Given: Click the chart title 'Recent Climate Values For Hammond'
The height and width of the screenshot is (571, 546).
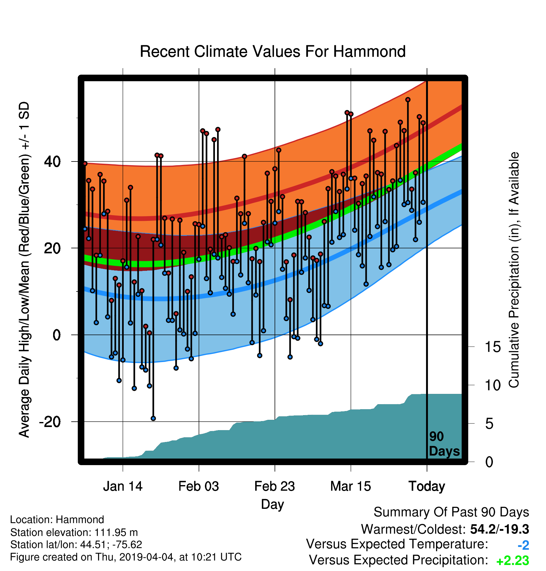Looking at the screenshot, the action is click(x=273, y=52).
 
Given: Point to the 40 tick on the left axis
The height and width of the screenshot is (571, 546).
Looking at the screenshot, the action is click(x=52, y=161).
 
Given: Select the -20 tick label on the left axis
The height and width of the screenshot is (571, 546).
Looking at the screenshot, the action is click(x=50, y=422).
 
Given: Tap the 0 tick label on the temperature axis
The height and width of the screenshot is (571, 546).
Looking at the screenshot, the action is click(x=57, y=335).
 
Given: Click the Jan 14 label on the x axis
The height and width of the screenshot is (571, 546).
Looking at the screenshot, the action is click(x=123, y=486).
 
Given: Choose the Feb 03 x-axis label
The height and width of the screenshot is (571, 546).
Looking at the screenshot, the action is click(x=199, y=486).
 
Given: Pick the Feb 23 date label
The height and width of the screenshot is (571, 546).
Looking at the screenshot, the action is click(x=275, y=486).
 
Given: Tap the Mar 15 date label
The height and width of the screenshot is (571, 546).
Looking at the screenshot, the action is click(x=350, y=486).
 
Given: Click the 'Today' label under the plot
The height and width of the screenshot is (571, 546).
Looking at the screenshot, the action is click(x=427, y=486).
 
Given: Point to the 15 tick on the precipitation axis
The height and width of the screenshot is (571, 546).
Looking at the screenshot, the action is click(x=493, y=347).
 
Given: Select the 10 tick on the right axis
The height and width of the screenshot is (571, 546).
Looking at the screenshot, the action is click(x=493, y=385).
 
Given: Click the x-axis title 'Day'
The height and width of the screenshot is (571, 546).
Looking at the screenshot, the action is click(x=273, y=504).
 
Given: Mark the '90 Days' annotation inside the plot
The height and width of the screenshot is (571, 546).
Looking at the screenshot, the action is click(x=444, y=444).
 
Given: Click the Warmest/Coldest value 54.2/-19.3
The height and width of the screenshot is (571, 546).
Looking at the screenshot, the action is click(x=499, y=529).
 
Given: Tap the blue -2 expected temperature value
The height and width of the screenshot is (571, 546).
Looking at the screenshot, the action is click(x=524, y=545).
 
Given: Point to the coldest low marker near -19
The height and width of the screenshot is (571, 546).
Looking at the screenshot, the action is click(x=153, y=419).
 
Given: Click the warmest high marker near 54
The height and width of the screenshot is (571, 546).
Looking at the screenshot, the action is click(x=408, y=100).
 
